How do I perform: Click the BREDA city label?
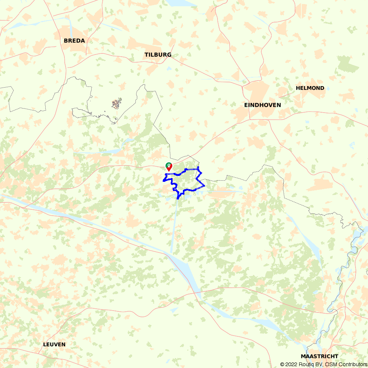[74, 41]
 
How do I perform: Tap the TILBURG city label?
[158, 55]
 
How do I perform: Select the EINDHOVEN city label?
[262, 105]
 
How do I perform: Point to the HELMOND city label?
[310, 88]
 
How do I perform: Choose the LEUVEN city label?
[54, 345]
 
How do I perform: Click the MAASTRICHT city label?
[319, 357]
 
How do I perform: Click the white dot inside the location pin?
[169, 165]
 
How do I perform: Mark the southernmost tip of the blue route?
[178, 199]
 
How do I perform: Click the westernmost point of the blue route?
[163, 180]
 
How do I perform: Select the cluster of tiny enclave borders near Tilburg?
[117, 103]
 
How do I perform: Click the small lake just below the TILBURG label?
[169, 68]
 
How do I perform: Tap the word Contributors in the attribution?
[352, 364]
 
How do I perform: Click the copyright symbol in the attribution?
[283, 364]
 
